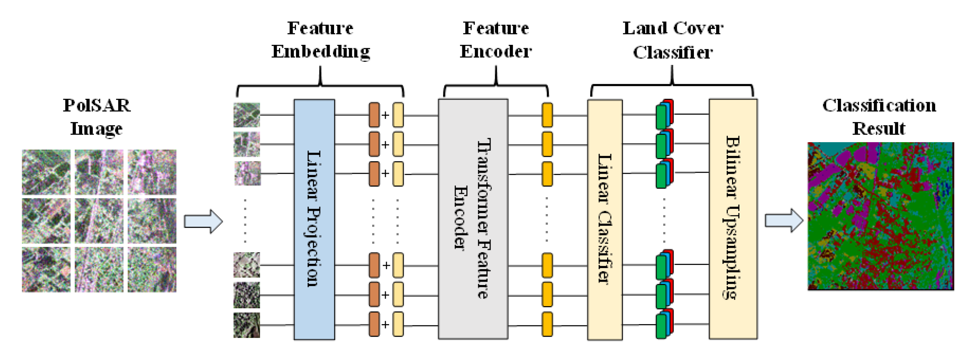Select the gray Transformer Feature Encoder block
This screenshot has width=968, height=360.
point(472,219)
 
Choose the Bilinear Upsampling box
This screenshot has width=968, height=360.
point(732,219)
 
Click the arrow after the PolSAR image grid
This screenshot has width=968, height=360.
point(203,221)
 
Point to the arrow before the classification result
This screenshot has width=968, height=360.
point(783,221)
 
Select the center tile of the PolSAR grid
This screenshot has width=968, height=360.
point(99,221)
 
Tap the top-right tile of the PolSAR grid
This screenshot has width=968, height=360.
point(152,172)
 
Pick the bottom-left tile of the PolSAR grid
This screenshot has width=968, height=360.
point(46,269)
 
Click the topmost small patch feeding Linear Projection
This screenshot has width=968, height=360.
point(247,115)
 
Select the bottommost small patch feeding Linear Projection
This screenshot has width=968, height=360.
point(247,325)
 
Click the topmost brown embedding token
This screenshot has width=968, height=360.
point(374,115)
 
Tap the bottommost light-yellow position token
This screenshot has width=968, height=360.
point(398,324)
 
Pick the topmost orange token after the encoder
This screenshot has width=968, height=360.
point(547,115)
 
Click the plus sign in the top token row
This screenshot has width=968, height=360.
point(385,115)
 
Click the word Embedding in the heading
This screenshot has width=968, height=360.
point(321,51)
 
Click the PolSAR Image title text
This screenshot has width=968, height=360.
point(97,116)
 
